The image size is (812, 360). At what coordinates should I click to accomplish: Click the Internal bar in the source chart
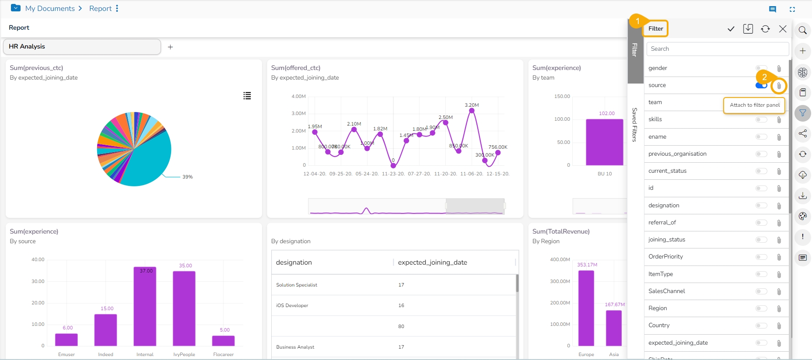coord(145,306)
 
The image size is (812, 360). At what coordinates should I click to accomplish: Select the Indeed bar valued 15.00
coord(105,330)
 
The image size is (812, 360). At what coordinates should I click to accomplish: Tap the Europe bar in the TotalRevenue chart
coord(586,308)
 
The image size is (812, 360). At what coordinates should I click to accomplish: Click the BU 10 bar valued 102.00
coord(605,142)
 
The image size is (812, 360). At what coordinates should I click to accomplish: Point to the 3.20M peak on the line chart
coord(472,111)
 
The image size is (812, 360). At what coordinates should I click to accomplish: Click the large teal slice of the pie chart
coord(149,162)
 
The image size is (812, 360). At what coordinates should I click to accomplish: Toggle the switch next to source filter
coord(761,85)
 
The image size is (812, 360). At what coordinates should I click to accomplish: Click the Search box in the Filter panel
coord(717,49)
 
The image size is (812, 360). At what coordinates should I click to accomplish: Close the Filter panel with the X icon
coord(783,29)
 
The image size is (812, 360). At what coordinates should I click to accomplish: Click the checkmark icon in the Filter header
coord(731,29)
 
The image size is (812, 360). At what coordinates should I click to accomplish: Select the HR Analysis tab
coord(82,47)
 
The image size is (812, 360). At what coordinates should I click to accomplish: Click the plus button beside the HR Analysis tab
coord(170,47)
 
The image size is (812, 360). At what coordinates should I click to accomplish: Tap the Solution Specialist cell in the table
coord(297,285)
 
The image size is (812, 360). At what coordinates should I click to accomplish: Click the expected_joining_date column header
coord(432,262)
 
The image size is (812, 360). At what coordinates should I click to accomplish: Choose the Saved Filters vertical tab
coord(634,125)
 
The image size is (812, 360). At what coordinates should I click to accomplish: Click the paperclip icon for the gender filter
coord(779,68)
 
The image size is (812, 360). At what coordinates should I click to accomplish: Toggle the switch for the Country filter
coord(761,325)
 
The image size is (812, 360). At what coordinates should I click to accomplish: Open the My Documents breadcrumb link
coord(50,8)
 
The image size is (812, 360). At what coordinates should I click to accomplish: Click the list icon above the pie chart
coord(247,96)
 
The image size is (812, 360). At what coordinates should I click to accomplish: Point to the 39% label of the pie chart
coord(187,177)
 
